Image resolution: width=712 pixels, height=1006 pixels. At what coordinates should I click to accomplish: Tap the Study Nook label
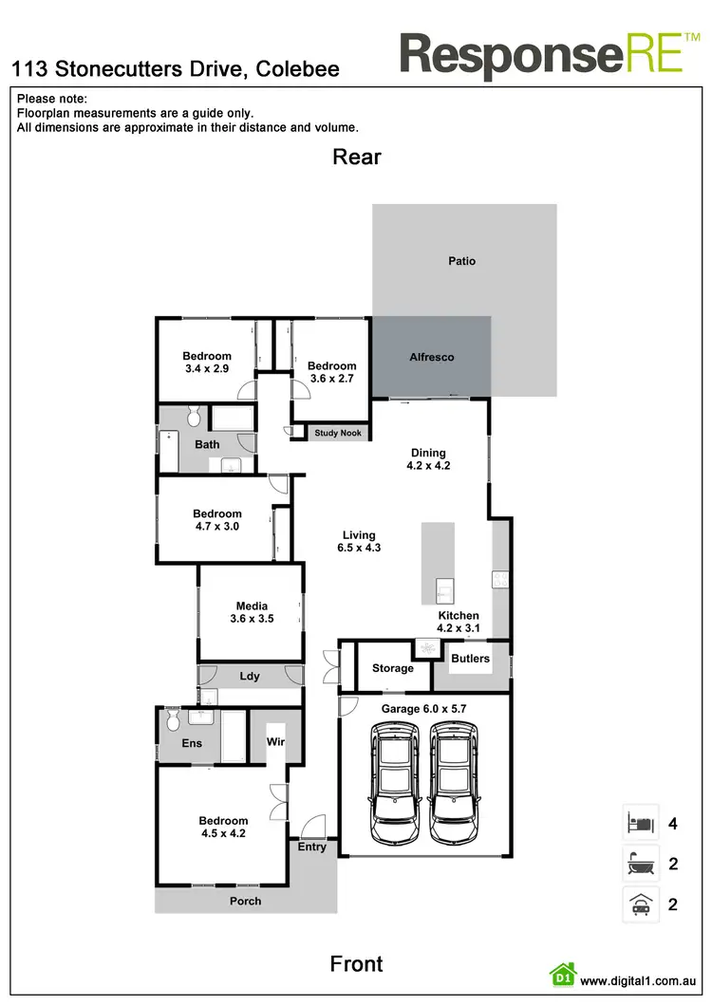(339, 434)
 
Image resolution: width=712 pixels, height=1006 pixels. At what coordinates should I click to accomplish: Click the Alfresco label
(431, 358)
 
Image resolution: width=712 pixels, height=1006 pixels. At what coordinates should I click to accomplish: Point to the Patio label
(462, 261)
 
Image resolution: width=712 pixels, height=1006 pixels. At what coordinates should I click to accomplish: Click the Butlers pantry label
(471, 659)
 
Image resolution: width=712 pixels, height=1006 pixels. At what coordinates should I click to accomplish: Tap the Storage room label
(392, 668)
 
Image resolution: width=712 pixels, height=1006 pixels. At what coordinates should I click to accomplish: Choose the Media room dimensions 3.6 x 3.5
(252, 619)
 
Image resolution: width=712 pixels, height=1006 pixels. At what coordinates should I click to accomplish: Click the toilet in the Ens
(173, 721)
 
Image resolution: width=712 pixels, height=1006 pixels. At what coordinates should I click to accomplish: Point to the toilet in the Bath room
(194, 417)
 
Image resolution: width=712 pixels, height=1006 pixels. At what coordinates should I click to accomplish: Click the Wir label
(276, 742)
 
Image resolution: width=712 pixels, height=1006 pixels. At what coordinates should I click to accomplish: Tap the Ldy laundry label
(250, 677)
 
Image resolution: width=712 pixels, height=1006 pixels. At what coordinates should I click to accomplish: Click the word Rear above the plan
(357, 157)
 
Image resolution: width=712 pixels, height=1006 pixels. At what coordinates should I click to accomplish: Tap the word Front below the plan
(356, 964)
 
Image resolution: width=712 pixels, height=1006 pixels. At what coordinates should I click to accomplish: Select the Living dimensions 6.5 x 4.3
(359, 548)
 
